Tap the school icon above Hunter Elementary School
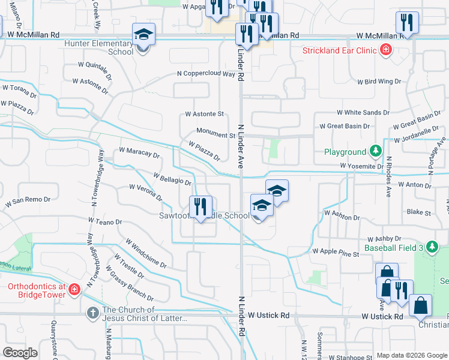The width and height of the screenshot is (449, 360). [x=143, y=34]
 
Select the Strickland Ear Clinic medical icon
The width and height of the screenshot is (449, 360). [x=387, y=51]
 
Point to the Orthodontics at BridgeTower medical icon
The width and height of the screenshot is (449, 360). [x=74, y=290]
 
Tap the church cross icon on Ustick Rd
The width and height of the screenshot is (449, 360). [x=92, y=313]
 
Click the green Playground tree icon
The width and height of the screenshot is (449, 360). [x=375, y=151]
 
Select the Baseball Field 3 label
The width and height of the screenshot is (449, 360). [x=394, y=247]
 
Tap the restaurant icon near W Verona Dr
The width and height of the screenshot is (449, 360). [x=200, y=208]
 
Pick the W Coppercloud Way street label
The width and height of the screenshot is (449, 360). [x=205, y=74]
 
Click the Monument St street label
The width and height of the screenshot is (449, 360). [x=215, y=136]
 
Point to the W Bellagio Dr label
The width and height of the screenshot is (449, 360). [x=172, y=179]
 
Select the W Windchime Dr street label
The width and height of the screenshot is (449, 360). [x=146, y=253]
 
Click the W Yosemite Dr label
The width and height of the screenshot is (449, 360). [x=361, y=165]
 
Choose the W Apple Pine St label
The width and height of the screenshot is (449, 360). [x=335, y=254]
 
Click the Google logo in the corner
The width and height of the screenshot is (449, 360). [x=20, y=353]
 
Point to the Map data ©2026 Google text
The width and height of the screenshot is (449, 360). [x=411, y=355]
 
